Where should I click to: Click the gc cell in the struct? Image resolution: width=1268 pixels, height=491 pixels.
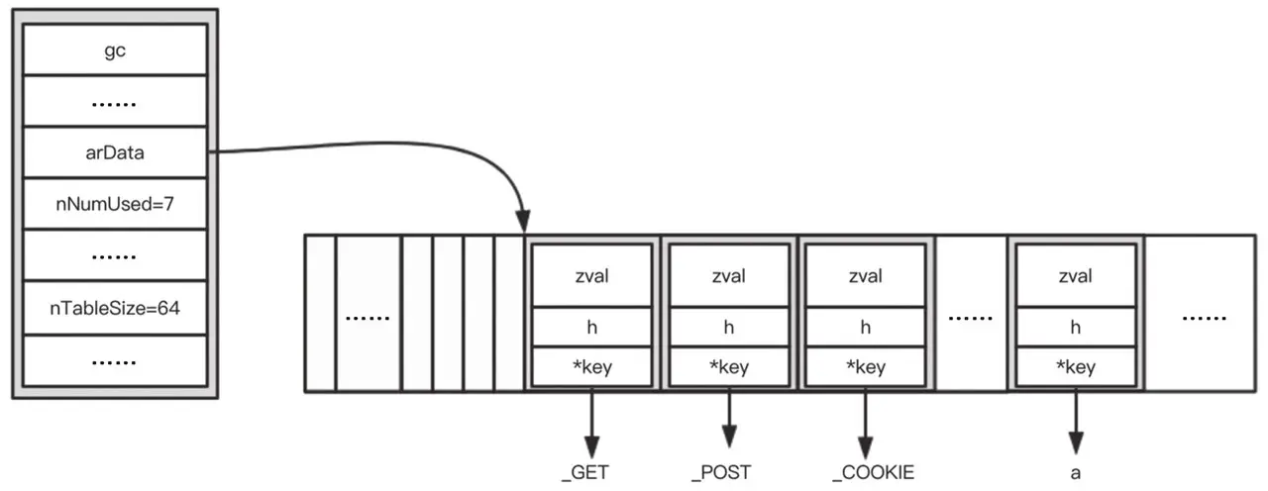click(x=114, y=49)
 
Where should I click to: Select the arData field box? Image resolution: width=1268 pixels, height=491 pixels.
click(x=114, y=152)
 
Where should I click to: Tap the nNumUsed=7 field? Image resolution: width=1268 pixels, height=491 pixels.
click(x=114, y=205)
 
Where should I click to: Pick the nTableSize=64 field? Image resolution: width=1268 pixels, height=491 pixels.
click(x=114, y=308)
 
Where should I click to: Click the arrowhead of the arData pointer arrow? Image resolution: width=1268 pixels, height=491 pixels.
click(x=523, y=223)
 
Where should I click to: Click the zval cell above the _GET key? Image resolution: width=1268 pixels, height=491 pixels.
click(x=591, y=276)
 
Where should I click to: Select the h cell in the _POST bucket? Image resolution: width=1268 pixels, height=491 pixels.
click(x=728, y=327)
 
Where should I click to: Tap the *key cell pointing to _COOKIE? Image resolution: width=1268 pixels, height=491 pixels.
click(x=866, y=367)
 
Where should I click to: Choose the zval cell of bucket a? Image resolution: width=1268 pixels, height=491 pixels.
click(x=1075, y=276)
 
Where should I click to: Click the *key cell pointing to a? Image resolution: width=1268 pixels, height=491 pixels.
click(x=1075, y=367)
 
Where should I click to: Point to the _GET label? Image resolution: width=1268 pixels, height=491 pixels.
click(x=584, y=472)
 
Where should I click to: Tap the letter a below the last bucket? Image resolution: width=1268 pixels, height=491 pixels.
click(x=1075, y=472)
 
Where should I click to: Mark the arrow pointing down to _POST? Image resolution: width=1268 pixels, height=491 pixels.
click(x=729, y=421)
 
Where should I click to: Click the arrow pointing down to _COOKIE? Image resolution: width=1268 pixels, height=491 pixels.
click(x=866, y=421)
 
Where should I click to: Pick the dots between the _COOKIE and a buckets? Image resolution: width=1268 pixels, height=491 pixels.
click(x=971, y=318)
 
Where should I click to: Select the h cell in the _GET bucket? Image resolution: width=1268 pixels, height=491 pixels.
click(x=591, y=327)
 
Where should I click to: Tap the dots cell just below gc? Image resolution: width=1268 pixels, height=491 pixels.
click(x=114, y=101)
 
